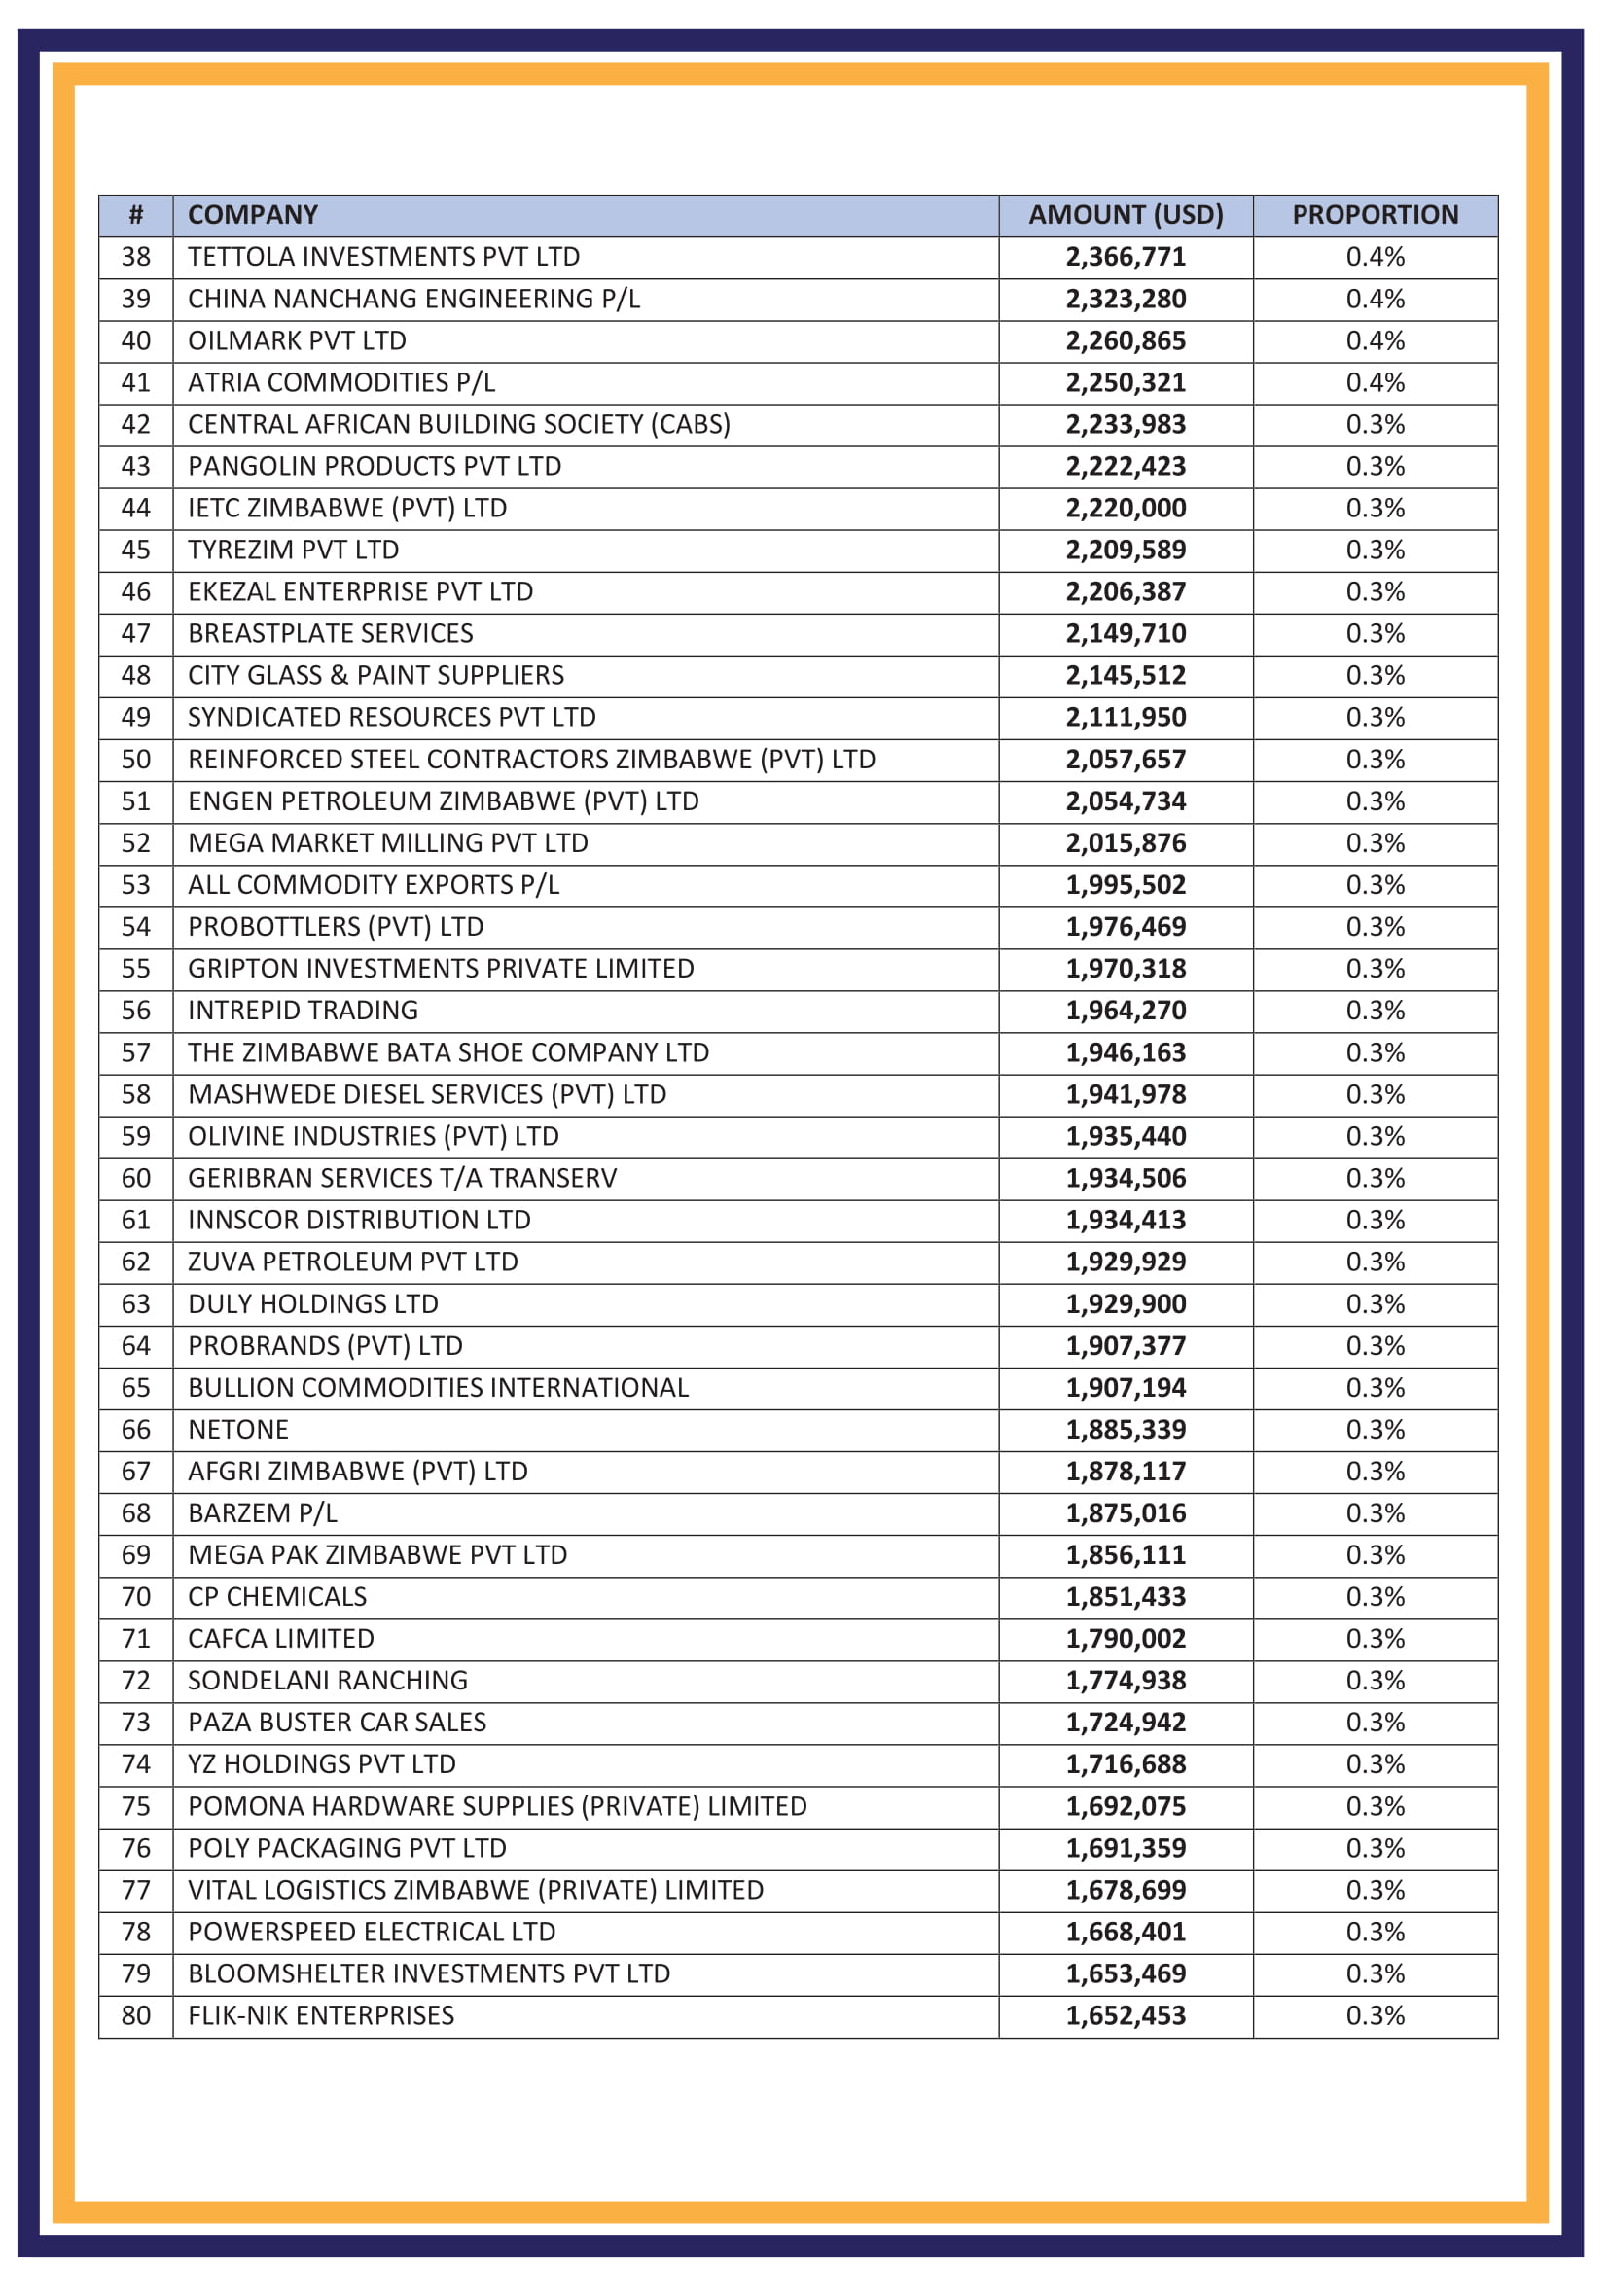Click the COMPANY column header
click(253, 215)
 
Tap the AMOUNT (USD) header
click(1126, 215)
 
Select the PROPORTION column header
click(1375, 215)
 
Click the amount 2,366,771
click(1126, 257)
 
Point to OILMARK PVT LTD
click(298, 340)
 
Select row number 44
click(136, 509)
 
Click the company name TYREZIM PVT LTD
click(293, 550)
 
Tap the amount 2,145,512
click(1126, 676)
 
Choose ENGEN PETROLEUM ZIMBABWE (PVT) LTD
click(443, 801)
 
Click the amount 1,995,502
click(1126, 885)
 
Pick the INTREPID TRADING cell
click(304, 1011)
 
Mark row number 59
click(136, 1136)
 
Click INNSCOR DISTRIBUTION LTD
click(359, 1220)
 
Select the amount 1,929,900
click(1126, 1304)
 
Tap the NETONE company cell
click(237, 1430)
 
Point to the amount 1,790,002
click(1126, 1639)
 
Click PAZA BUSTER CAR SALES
click(337, 1723)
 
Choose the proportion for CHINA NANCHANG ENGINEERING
click(1375, 300)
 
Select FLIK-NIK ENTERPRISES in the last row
click(321, 2015)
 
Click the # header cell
click(136, 215)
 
